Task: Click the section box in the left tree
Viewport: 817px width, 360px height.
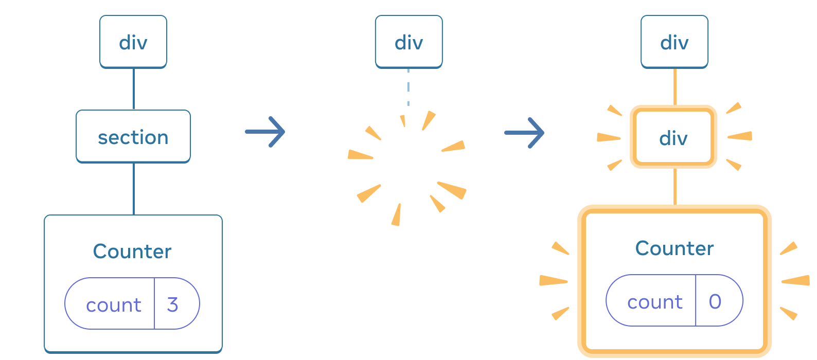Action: pyautogui.click(x=133, y=137)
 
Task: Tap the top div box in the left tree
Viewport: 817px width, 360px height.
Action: pyautogui.click(x=133, y=42)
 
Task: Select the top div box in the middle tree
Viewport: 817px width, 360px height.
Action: pyautogui.click(x=408, y=42)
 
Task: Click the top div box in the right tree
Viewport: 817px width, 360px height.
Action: pyautogui.click(x=674, y=42)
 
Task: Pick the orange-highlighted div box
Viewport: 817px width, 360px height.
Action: pyautogui.click(x=673, y=137)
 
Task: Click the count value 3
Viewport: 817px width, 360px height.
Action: pyautogui.click(x=173, y=304)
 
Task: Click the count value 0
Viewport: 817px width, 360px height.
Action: pyautogui.click(x=715, y=301)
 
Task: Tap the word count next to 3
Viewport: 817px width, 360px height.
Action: pyautogui.click(x=113, y=305)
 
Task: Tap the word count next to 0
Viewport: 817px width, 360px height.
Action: pyautogui.click(x=654, y=302)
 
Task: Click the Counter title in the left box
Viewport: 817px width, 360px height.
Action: pyautogui.click(x=132, y=251)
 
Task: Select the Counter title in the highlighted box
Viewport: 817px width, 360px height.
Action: pyautogui.click(x=674, y=248)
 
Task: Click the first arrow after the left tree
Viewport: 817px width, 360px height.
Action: pyautogui.click(x=265, y=132)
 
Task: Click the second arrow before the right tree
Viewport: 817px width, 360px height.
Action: pyautogui.click(x=524, y=133)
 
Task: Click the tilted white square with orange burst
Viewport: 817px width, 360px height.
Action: pyautogui.click(x=408, y=167)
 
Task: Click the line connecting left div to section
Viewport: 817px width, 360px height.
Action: pyautogui.click(x=134, y=88)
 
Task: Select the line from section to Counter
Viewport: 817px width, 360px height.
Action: pyautogui.click(x=134, y=188)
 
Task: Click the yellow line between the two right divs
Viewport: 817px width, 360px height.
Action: pyautogui.click(x=674, y=86)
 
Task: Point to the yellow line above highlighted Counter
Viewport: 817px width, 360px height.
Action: pyautogui.click(x=674, y=186)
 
